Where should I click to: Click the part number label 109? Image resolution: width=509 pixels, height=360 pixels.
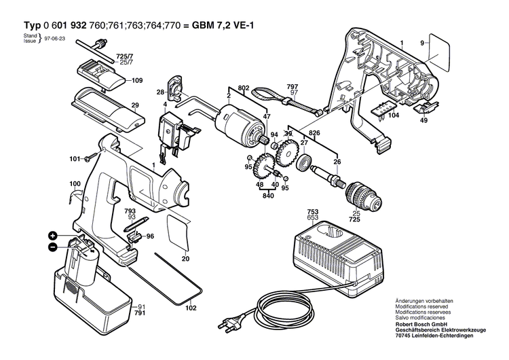point(137,81)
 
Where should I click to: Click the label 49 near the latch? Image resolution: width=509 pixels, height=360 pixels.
point(423,121)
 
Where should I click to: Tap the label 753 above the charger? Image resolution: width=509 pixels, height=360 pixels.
point(312,211)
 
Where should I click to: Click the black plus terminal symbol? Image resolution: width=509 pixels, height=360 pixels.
point(52,236)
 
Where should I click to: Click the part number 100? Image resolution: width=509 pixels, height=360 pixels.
point(75,183)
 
